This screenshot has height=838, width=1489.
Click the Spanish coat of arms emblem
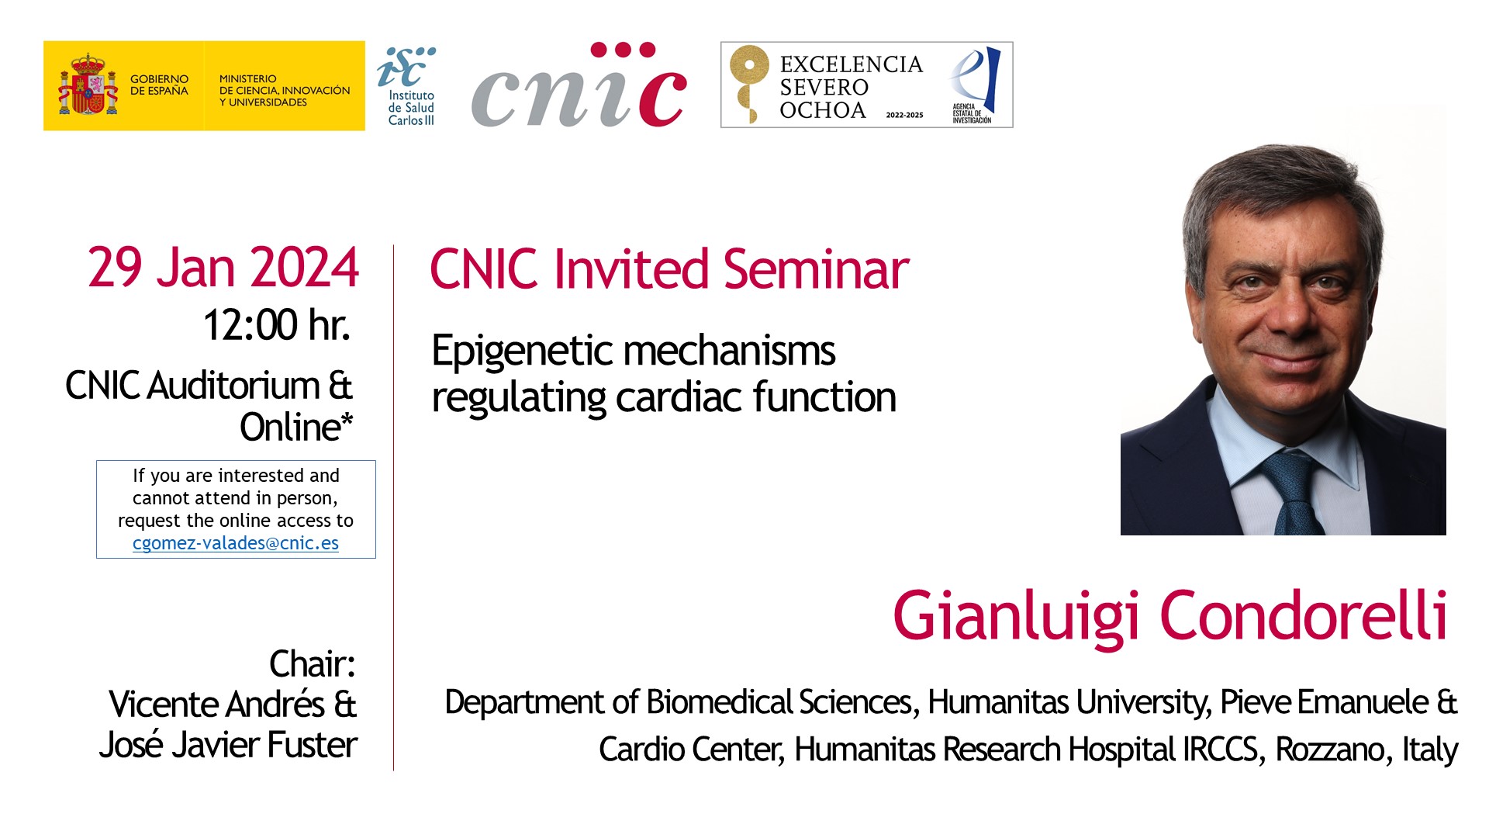pyautogui.click(x=88, y=85)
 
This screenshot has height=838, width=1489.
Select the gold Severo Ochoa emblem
pyautogui.click(x=748, y=84)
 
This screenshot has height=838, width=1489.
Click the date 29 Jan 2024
pyautogui.click(x=223, y=268)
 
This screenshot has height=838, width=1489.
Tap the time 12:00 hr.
pyautogui.click(x=277, y=324)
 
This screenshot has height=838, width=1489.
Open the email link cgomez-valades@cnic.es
pyautogui.click(x=236, y=543)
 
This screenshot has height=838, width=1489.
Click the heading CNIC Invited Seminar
pyautogui.click(x=669, y=269)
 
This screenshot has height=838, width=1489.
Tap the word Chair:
pyautogui.click(x=312, y=664)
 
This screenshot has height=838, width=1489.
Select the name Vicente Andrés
pyautogui.click(x=216, y=705)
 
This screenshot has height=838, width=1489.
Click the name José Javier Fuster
pyautogui.click(x=228, y=745)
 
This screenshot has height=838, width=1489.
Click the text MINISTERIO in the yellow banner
pyautogui.click(x=247, y=79)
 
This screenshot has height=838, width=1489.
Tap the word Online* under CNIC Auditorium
pyautogui.click(x=296, y=428)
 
